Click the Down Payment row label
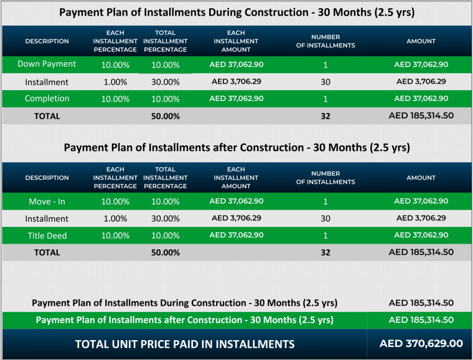(x=47, y=64)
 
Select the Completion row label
(x=47, y=99)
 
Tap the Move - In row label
(x=47, y=202)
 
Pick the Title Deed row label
(x=47, y=236)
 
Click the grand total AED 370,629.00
(x=421, y=344)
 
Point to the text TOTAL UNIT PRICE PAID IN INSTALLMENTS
(x=185, y=344)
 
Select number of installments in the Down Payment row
(x=325, y=65)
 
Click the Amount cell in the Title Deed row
(x=421, y=235)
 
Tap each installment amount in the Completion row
(x=236, y=99)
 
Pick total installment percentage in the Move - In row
(x=165, y=202)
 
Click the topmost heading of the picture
(x=236, y=12)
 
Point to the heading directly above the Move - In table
(x=236, y=148)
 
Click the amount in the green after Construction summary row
(x=421, y=320)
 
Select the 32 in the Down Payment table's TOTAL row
(x=325, y=116)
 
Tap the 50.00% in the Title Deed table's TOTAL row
(x=165, y=252)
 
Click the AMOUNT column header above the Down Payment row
(x=421, y=42)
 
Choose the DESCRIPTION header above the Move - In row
(x=47, y=178)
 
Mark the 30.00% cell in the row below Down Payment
(x=165, y=82)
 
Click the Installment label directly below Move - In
(x=47, y=219)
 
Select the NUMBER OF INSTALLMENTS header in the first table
(x=325, y=42)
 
